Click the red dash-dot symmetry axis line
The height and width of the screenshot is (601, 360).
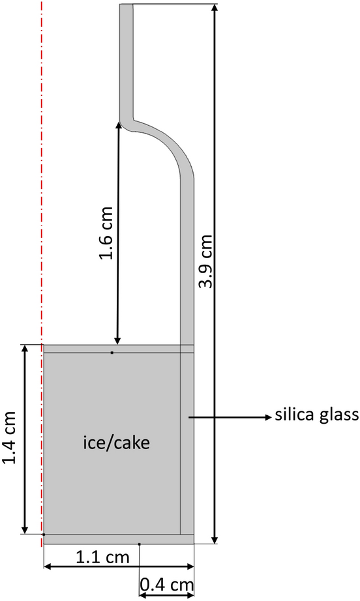[42, 196]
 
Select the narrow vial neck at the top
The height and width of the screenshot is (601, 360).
[127, 59]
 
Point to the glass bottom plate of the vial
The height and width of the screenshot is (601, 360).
[117, 539]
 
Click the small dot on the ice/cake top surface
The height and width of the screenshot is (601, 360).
[112, 353]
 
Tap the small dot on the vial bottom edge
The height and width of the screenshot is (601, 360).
[140, 543]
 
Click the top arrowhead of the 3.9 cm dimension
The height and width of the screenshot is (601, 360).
[215, 8]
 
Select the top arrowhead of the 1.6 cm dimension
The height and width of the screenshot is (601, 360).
[118, 125]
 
